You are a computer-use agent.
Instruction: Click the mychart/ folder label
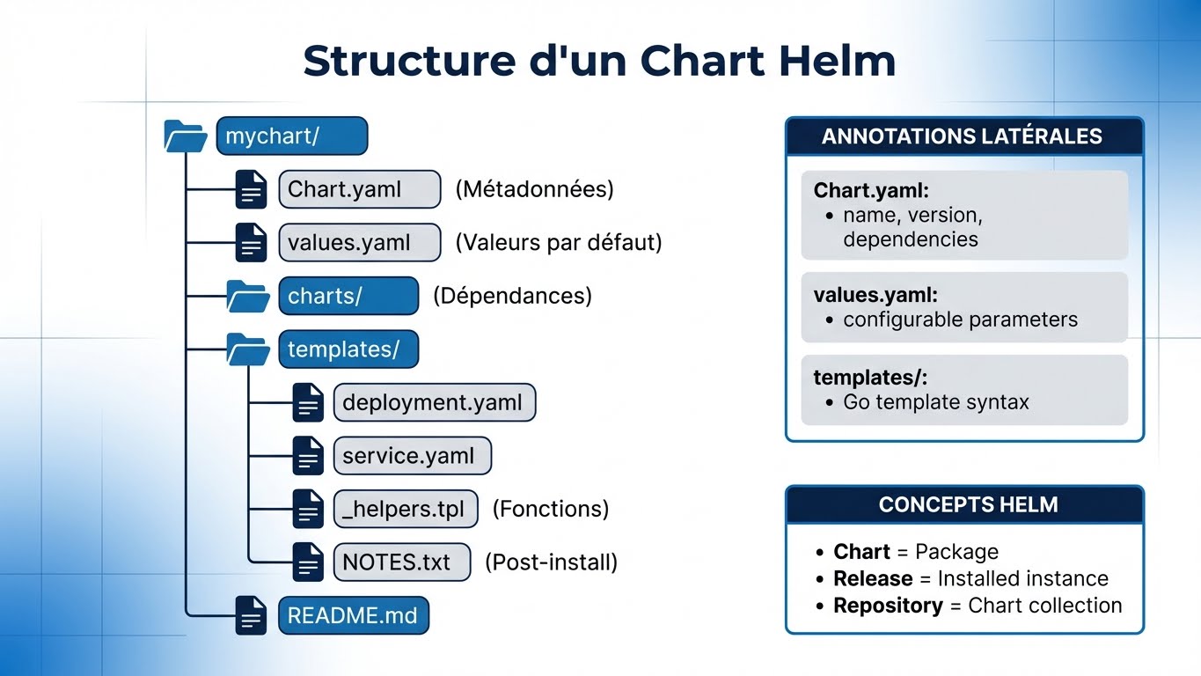click(291, 136)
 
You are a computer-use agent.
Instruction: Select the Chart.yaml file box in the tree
click(359, 189)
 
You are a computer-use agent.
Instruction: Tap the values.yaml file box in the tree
click(359, 243)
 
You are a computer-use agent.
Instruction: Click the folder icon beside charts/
click(248, 297)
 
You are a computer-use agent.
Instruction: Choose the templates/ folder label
click(348, 349)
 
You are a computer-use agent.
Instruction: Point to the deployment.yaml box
click(434, 403)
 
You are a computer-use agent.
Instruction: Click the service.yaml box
click(412, 456)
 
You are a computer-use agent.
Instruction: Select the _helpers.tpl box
click(406, 509)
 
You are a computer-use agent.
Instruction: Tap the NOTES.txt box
click(401, 562)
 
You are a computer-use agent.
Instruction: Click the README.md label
click(353, 614)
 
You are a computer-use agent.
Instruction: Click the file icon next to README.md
click(251, 614)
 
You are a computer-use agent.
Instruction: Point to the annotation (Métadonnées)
click(534, 189)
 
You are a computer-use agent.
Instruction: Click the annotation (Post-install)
click(551, 562)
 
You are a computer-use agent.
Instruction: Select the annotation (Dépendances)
click(512, 296)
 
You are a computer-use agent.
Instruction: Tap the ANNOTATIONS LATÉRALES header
click(963, 136)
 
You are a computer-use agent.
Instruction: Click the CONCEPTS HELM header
click(968, 505)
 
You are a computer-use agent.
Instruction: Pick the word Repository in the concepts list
click(888, 606)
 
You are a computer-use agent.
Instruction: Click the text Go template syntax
click(935, 402)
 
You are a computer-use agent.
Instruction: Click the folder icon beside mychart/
click(186, 136)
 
